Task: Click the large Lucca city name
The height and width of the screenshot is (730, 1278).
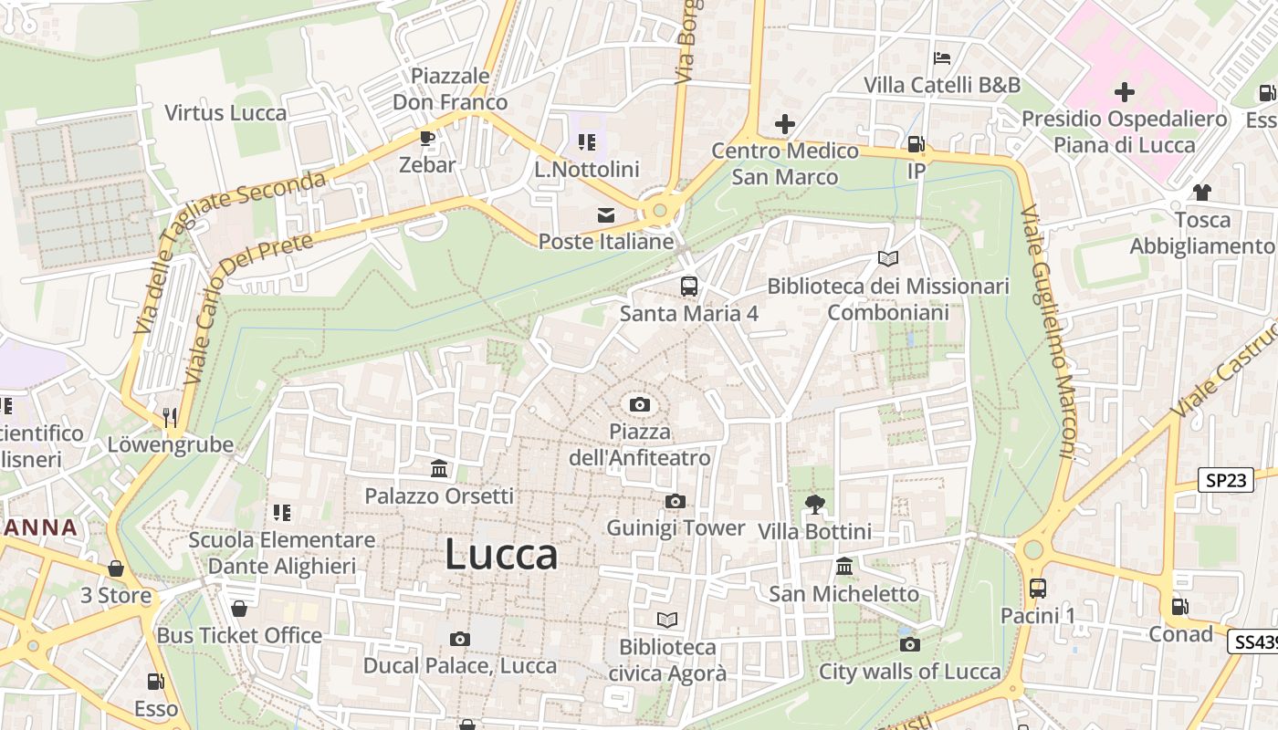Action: tap(501, 555)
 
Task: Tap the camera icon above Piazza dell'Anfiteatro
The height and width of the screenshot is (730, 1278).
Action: tap(640, 404)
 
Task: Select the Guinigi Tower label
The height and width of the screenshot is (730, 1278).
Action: tap(676, 528)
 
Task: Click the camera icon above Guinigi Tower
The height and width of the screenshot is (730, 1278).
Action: tap(676, 501)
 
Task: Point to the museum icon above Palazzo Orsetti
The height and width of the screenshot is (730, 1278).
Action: tap(439, 469)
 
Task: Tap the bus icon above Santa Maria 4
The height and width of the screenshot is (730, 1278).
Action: tap(689, 286)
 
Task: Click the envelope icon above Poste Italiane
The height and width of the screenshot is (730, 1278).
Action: tap(605, 215)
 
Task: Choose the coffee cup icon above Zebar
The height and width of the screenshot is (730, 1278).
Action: tap(426, 138)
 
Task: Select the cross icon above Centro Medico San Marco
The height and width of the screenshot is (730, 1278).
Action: tap(784, 123)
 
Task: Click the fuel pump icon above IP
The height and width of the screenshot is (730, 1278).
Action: tap(916, 144)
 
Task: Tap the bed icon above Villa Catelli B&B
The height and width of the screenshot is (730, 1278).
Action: tap(942, 58)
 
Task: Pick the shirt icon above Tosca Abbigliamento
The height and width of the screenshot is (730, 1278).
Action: tap(1202, 192)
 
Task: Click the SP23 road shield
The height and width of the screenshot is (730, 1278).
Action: tap(1225, 480)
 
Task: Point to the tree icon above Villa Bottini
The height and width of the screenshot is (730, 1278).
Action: tap(815, 504)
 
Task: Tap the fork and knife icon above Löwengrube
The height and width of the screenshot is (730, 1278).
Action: tap(170, 417)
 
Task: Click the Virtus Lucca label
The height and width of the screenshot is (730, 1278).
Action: tap(225, 113)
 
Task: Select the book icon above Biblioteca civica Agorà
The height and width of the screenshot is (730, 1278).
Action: tap(667, 620)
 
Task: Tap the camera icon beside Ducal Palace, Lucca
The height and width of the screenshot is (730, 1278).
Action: tap(460, 639)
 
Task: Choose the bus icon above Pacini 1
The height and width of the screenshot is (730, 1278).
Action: tap(1037, 588)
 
